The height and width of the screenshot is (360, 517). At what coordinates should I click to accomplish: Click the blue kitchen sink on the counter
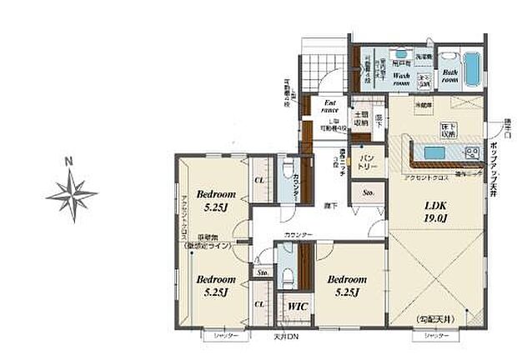click(434, 153)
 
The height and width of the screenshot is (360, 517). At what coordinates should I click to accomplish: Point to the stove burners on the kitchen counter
click(472, 153)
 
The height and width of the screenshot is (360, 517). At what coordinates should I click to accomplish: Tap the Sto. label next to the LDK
click(368, 192)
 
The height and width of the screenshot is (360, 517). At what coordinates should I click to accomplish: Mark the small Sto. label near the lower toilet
click(262, 272)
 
